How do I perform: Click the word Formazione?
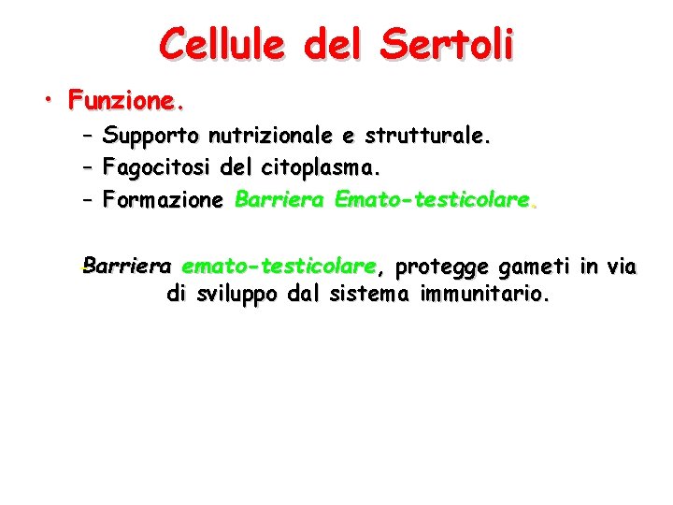point(164,199)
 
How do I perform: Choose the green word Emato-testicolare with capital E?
point(435,199)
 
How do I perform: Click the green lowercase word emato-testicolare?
point(279,267)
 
